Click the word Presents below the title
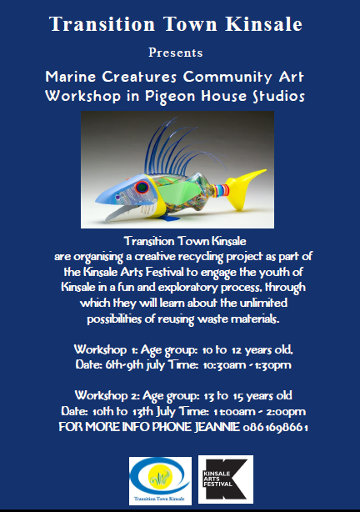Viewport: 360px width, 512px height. point(176,53)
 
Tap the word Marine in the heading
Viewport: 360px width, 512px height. point(71,77)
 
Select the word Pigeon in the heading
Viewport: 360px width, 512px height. point(170,97)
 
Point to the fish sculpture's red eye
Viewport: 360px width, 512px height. point(142,187)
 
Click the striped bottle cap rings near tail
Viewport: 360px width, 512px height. point(220,191)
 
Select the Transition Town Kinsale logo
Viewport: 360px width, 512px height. point(160,480)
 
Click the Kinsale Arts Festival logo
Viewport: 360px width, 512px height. point(226,479)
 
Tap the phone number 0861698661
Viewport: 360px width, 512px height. point(276,427)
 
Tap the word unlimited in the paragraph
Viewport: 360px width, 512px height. point(263,303)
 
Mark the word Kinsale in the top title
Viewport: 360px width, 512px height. point(263,24)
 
